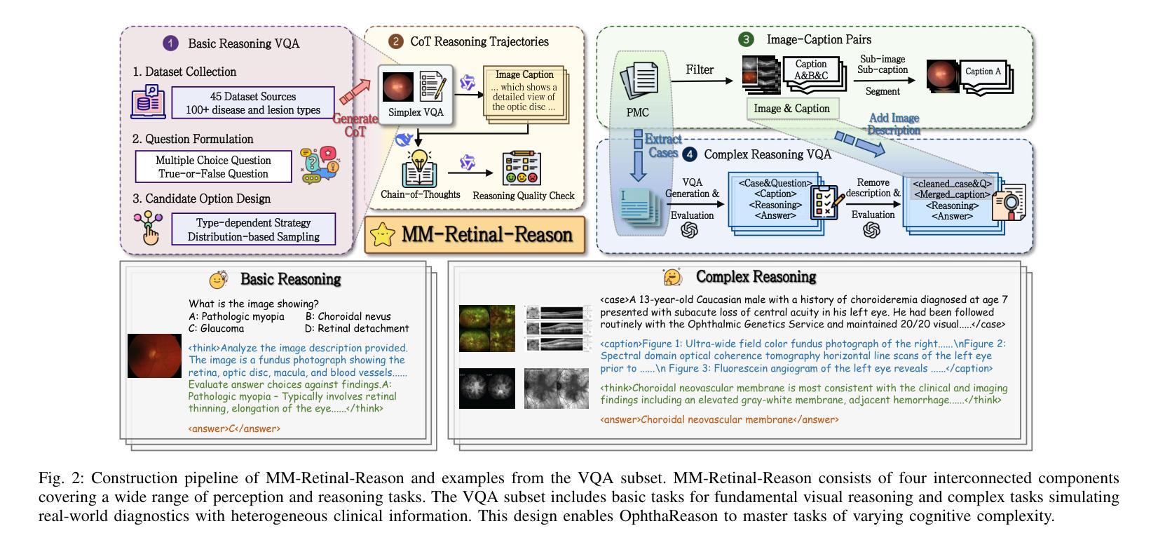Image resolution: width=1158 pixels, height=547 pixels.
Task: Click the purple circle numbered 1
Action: (170, 43)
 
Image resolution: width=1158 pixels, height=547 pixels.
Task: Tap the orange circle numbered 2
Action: (395, 41)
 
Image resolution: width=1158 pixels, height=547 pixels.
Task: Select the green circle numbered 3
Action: (745, 39)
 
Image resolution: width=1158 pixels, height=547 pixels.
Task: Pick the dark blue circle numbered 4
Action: (689, 154)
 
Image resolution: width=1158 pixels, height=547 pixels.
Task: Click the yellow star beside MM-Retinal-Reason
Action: (383, 235)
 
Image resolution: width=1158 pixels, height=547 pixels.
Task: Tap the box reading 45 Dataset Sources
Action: (253, 103)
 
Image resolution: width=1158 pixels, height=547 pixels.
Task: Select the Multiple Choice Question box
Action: (214, 166)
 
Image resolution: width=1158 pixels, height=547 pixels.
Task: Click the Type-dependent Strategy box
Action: (253, 229)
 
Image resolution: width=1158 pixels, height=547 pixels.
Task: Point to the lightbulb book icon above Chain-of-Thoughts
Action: (419, 168)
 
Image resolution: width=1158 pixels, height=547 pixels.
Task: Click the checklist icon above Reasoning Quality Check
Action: (522, 168)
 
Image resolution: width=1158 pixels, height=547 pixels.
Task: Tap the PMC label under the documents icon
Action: (637, 112)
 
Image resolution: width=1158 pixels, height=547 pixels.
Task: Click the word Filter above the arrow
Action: (700, 69)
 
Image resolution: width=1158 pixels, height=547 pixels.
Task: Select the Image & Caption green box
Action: (793, 109)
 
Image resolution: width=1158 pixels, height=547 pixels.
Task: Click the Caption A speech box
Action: (983, 72)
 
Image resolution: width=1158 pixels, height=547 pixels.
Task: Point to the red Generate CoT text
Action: (355, 125)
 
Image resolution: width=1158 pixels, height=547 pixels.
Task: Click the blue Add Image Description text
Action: (894, 123)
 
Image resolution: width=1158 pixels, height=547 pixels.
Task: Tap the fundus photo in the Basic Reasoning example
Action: (155, 356)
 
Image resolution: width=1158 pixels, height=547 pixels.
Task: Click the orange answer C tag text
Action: (234, 428)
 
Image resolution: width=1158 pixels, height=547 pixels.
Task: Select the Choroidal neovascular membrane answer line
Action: (720, 419)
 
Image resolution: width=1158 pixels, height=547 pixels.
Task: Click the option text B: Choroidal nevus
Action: (348, 316)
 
